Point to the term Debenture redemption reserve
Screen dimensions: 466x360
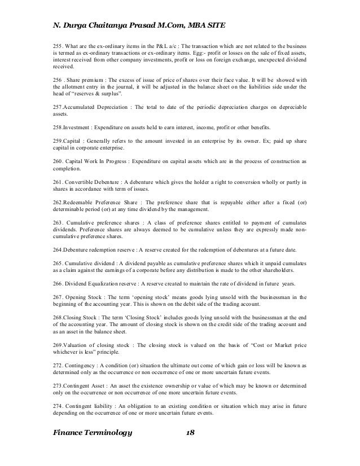(x=98, y=250)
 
